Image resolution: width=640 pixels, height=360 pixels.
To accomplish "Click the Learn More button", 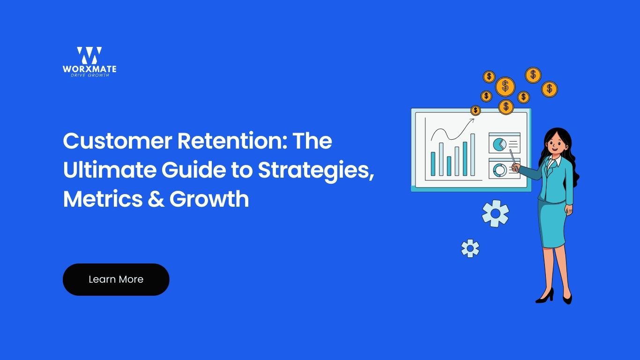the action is [x=116, y=279].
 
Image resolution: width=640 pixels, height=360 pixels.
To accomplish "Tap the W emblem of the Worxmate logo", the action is [x=89, y=55].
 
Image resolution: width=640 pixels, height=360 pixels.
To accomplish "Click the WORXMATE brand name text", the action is [x=89, y=69].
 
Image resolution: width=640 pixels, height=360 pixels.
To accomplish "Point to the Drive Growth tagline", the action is [x=90, y=75].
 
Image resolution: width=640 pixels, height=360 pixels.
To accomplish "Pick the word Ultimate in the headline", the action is [x=110, y=170].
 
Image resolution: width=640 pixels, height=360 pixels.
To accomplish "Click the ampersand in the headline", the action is [x=156, y=199].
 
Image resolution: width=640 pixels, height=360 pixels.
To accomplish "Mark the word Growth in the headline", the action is [x=209, y=199].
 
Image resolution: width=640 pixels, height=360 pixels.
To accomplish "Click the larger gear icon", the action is [x=495, y=213].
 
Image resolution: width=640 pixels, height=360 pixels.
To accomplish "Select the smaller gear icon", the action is [x=470, y=248].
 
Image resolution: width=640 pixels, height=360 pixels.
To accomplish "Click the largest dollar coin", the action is [x=505, y=86].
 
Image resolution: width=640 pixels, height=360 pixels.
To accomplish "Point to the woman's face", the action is [x=556, y=144].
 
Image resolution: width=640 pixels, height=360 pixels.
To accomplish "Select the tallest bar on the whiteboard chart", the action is [x=473, y=155].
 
